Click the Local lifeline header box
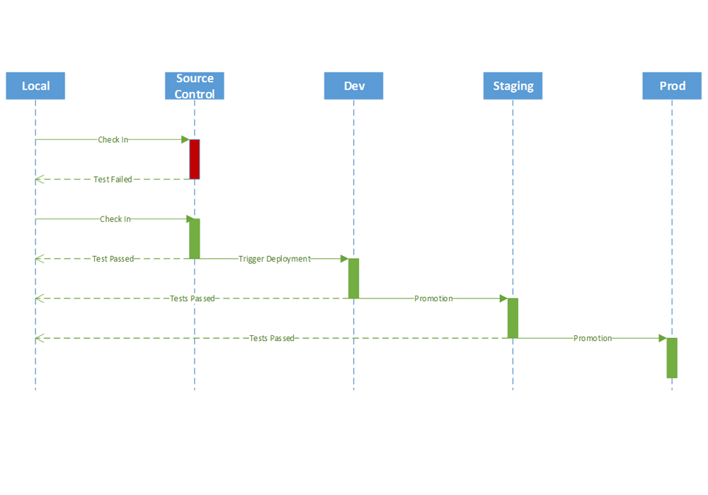[x=35, y=86]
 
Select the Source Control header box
[x=195, y=86]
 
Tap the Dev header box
[x=354, y=86]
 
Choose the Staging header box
[x=513, y=86]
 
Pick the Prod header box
[x=672, y=86]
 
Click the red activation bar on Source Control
[x=195, y=159]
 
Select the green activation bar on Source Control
[x=195, y=238]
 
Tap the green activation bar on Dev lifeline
[x=354, y=278]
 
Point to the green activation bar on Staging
[x=513, y=318]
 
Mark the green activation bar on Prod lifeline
[x=672, y=358]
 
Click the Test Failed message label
[x=113, y=180]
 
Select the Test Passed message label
[x=113, y=259]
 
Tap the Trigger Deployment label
[x=274, y=259]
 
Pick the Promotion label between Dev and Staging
[x=433, y=298]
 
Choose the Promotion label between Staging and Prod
[x=593, y=338]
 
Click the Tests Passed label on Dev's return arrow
[x=192, y=298]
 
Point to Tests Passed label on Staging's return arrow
[x=272, y=338]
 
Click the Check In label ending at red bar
[x=113, y=140]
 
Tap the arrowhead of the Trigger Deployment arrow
[x=344, y=259]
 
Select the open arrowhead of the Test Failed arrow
[x=39, y=180]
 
